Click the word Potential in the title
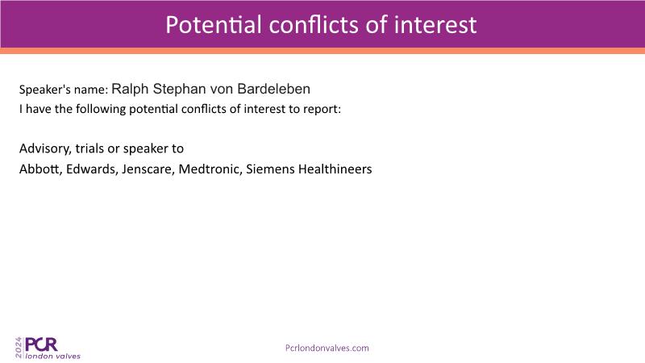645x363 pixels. tap(214, 25)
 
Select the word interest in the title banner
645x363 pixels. tap(435, 25)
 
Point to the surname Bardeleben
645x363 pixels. tap(274, 89)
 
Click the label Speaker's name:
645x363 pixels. tap(64, 90)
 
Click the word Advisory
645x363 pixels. tap(45, 148)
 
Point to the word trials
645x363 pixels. tap(89, 148)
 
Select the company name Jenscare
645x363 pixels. tap(148, 169)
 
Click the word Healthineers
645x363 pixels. tap(335, 169)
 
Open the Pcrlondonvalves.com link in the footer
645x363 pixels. tap(327, 348)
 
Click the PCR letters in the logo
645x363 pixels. tap(41, 344)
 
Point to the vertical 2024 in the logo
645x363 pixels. tap(19, 348)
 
